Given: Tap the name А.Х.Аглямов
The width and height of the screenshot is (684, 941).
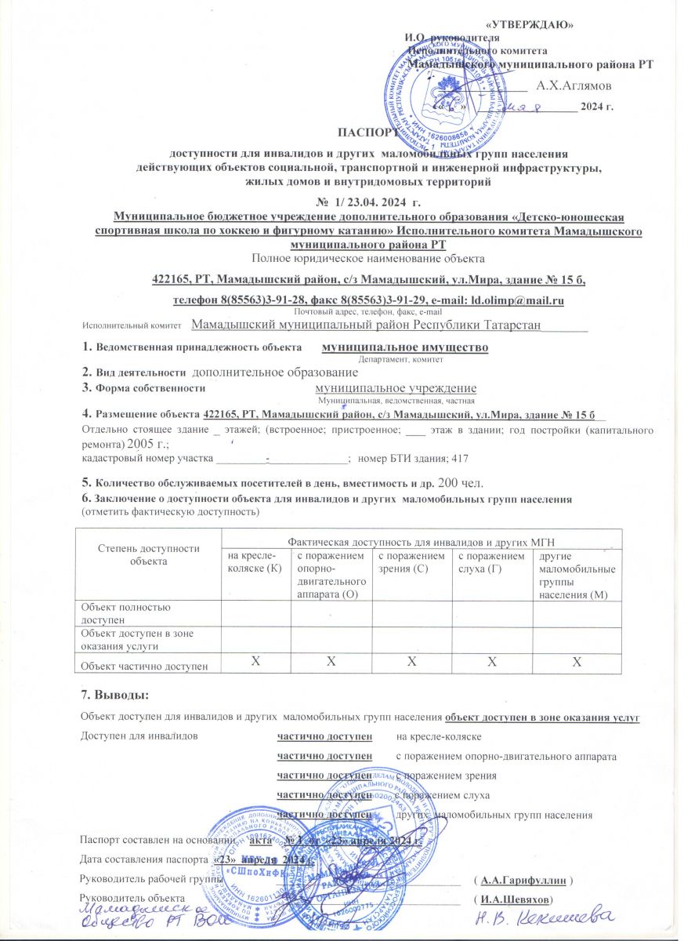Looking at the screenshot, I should (574, 84).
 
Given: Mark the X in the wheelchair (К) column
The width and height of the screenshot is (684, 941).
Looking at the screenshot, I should (255, 663).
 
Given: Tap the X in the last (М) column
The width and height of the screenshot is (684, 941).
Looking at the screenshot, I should (577, 664).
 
